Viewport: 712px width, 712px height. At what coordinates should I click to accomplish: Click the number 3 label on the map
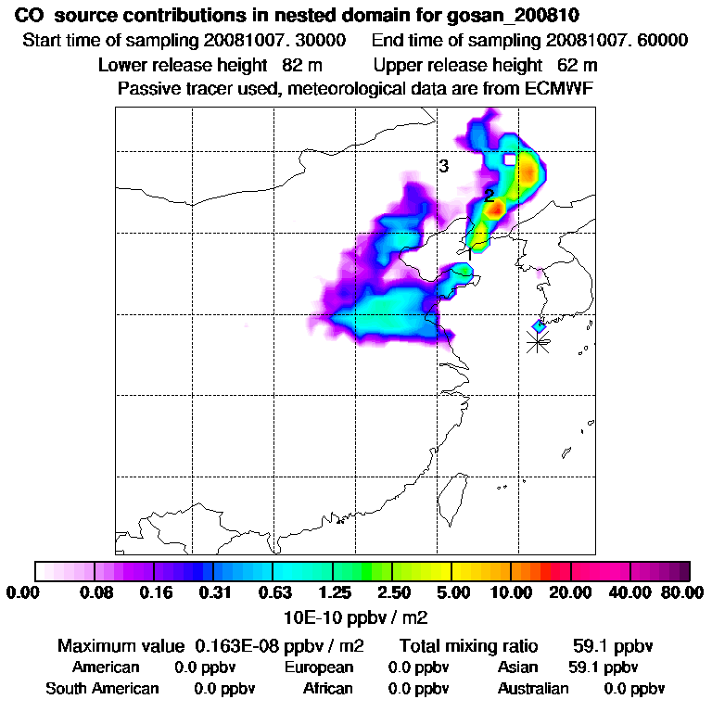coord(444,166)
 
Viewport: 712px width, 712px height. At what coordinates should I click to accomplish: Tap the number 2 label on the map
coord(489,196)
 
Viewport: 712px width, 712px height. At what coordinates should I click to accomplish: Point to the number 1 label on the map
coord(469,250)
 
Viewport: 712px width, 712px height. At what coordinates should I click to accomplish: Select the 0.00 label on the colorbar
coord(26,592)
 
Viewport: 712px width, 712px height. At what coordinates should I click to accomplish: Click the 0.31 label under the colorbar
coord(213,592)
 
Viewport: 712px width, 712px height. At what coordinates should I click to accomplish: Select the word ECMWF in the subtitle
coord(560,88)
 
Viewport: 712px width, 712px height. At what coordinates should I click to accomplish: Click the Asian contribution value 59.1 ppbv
coord(603,667)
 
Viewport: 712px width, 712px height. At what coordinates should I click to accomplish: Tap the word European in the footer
coord(319,667)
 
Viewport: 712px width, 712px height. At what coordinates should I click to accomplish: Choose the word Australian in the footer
coord(533,689)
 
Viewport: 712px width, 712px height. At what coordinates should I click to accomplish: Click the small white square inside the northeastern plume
coord(508,159)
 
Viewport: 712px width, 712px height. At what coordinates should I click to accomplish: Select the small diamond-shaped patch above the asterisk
coord(539,325)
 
